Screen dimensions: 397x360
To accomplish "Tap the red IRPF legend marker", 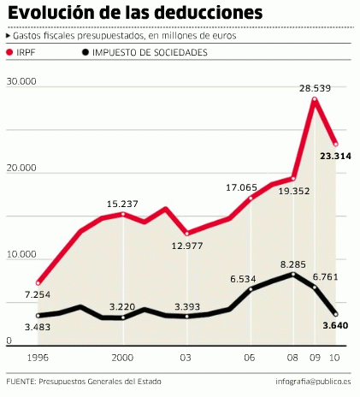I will [11, 53].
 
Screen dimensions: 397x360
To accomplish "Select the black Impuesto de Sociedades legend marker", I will [83, 53].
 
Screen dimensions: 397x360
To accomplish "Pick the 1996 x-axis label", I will [38, 357].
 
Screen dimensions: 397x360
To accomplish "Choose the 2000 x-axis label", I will [123, 357].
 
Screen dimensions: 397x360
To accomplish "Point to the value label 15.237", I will [123, 203].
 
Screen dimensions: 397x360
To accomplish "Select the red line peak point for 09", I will [315, 100].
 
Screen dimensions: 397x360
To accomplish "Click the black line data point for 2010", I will [336, 315].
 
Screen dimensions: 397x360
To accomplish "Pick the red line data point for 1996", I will [38, 282].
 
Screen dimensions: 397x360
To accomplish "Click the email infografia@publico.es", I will [311, 382].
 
